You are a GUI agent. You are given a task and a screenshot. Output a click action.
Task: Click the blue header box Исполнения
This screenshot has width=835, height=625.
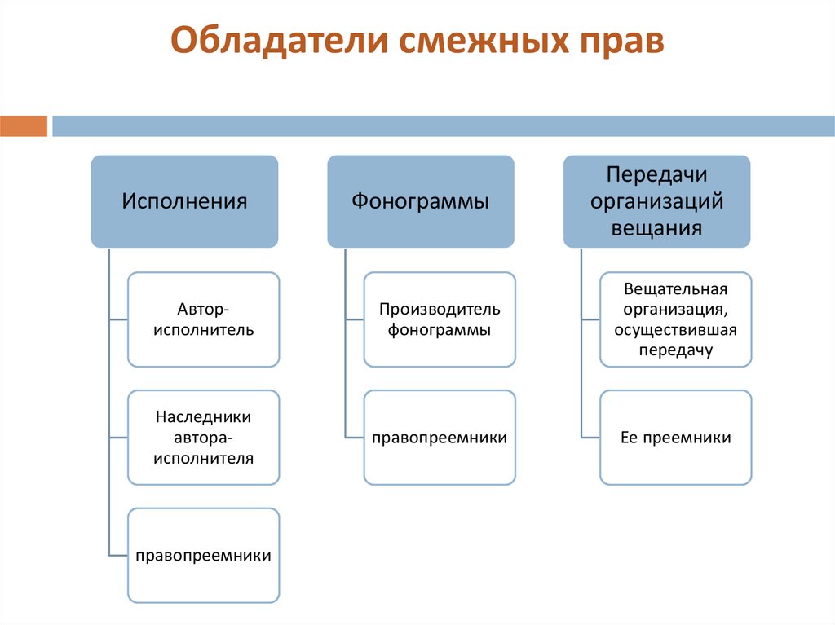(184, 201)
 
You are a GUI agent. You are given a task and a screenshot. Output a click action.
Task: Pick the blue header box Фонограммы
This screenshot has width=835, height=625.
(421, 201)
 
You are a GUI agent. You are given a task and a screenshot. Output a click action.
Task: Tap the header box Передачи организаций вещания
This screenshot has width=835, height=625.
(656, 201)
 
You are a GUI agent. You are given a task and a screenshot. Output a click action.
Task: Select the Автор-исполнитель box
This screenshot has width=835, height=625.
(204, 319)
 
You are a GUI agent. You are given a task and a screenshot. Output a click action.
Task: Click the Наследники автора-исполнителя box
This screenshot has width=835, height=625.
(204, 438)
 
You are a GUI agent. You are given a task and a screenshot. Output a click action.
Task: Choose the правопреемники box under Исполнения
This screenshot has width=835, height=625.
(204, 555)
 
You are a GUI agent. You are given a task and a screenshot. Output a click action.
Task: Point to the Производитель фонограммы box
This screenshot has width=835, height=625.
(440, 319)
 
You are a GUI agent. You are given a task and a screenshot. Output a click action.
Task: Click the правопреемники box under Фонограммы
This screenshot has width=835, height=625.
(440, 438)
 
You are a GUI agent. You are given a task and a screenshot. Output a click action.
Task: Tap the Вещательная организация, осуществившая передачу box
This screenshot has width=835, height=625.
(676, 319)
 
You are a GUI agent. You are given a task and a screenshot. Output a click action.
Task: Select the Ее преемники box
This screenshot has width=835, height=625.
(676, 438)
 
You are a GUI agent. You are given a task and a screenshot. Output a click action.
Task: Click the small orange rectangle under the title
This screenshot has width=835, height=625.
(24, 126)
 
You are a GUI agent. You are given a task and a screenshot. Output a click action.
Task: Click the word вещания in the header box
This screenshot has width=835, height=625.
(656, 227)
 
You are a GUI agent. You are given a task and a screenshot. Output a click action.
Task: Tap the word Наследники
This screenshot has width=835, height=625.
(204, 417)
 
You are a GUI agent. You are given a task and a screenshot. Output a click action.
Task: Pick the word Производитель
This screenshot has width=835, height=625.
(440, 310)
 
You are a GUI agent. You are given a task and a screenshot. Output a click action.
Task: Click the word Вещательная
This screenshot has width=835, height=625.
(675, 289)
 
